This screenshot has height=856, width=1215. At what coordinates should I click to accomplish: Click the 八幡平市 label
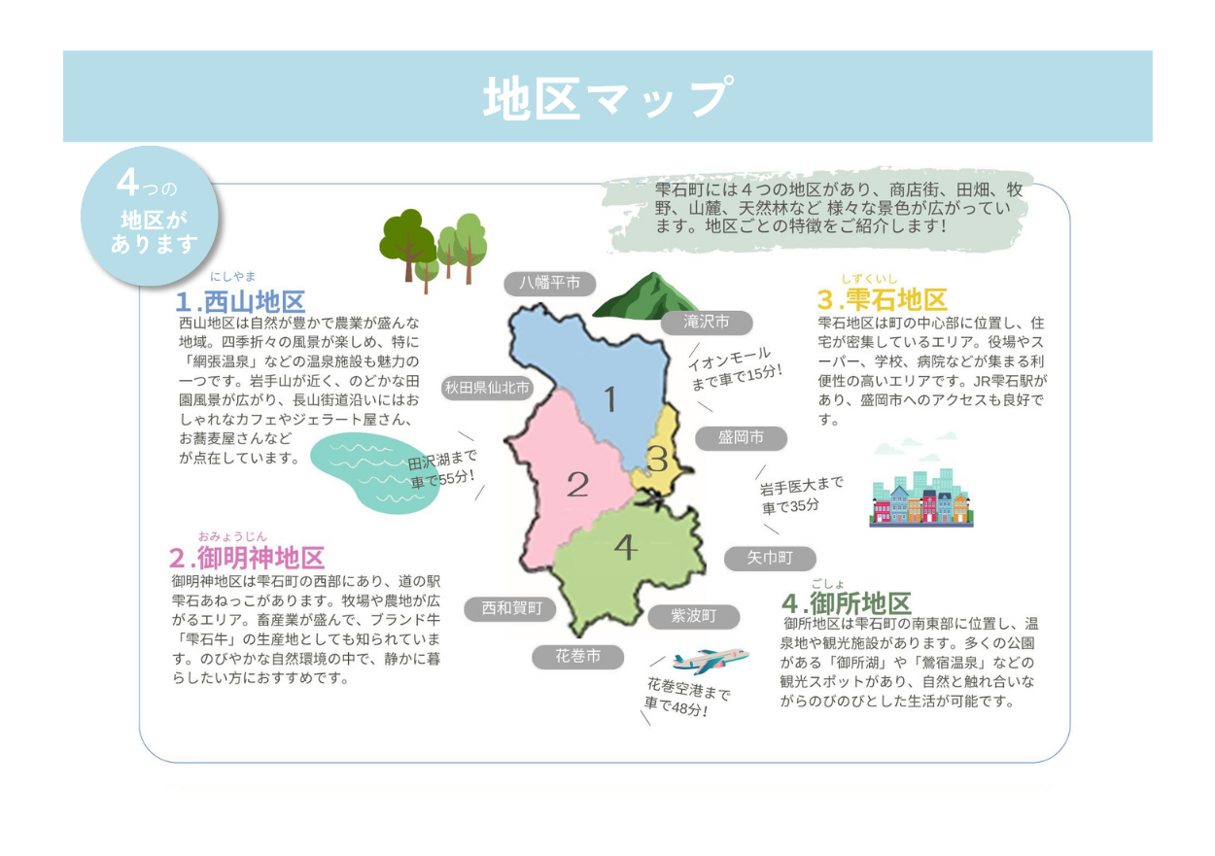549,283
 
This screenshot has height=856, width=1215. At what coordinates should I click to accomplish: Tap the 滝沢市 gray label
707,323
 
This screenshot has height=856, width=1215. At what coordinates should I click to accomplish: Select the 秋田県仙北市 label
487,388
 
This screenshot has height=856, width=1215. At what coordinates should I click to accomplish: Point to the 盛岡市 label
741,438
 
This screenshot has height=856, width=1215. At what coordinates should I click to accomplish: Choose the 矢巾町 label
770,558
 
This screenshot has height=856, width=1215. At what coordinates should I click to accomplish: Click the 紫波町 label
694,616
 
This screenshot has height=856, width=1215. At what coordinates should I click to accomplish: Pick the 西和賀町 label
510,609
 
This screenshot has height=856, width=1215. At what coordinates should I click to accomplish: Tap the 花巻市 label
577,657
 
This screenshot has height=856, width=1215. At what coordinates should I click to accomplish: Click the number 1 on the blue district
610,399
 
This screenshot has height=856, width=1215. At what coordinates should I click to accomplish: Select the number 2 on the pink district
577,484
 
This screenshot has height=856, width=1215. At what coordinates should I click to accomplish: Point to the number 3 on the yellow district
657,460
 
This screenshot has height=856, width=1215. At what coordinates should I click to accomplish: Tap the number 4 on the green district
626,547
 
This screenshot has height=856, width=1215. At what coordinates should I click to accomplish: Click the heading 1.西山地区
240,302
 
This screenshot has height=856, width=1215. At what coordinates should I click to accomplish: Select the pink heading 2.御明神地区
247,558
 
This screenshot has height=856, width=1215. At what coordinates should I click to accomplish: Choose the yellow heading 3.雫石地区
883,299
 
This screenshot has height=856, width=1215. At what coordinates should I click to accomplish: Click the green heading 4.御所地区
847,603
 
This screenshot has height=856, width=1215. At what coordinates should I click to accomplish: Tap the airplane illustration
711,660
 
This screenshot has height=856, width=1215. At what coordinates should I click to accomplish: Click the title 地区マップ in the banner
608,97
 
